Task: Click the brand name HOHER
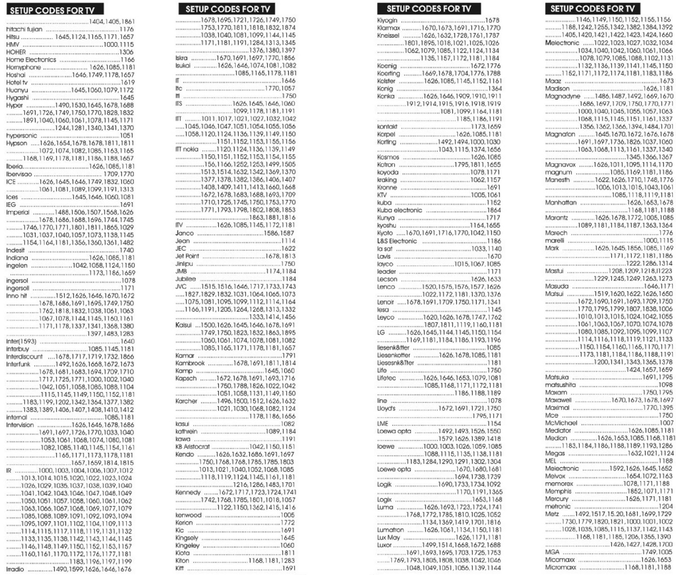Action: click(x=16, y=52)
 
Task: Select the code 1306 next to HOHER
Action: click(x=126, y=52)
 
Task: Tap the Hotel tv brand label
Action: click(x=17, y=82)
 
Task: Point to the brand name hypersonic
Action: click(x=22, y=136)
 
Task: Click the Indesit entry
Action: click(x=15, y=250)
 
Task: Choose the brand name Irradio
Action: click(x=15, y=569)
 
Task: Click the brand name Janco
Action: click(x=185, y=233)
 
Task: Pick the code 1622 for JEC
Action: click(x=288, y=248)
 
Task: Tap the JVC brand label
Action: click(x=181, y=286)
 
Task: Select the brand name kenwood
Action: click(x=188, y=515)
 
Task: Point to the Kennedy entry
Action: click(x=188, y=492)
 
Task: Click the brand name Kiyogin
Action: click(x=387, y=20)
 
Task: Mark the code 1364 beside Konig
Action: click(x=494, y=89)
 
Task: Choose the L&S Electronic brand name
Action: click(x=397, y=241)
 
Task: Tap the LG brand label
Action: click(x=381, y=332)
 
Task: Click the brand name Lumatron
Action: click(x=390, y=530)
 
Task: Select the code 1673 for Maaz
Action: click(x=666, y=81)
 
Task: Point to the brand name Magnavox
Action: click(x=560, y=165)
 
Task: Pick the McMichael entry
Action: click(x=561, y=423)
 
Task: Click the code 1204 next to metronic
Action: click(x=665, y=506)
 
